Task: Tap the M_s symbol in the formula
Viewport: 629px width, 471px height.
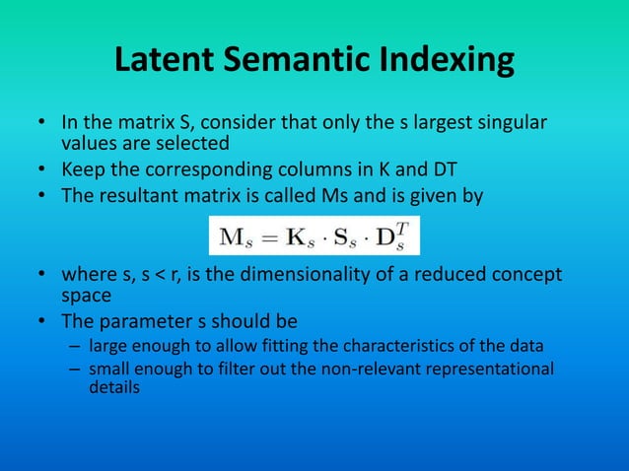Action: click(233, 237)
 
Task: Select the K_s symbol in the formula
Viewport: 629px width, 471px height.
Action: click(295, 237)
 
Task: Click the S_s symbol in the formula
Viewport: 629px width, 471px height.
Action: click(345, 237)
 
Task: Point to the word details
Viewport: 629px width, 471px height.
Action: click(114, 387)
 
